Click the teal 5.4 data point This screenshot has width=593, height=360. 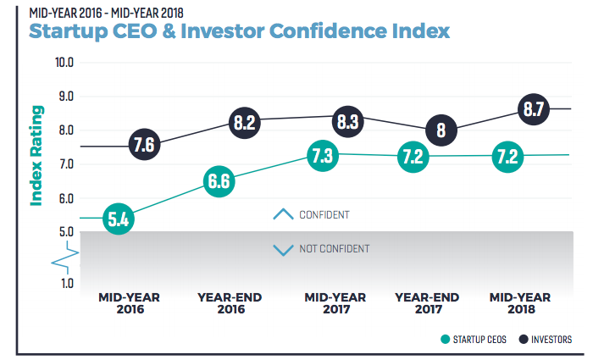point(118,219)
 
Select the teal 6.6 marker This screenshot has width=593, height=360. point(219,180)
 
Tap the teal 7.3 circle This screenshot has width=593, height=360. point(321,156)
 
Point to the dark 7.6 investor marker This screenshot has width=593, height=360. point(144,145)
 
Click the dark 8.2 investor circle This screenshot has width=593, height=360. point(245,123)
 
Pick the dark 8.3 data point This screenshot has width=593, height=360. point(347,120)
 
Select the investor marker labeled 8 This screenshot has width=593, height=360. point(441,130)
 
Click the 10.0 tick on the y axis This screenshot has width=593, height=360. point(64,62)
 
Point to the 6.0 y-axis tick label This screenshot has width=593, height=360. point(66,199)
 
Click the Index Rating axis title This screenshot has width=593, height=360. point(36,156)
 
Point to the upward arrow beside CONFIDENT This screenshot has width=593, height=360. point(282,214)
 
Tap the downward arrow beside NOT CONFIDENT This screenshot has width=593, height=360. point(282,250)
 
